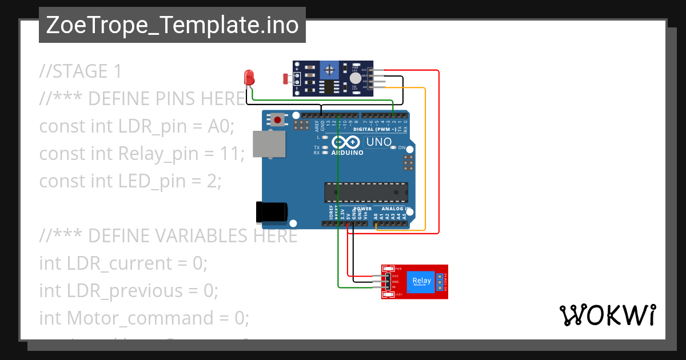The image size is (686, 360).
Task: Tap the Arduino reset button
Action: coord(278,120)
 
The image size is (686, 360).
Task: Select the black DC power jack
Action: coord(272,212)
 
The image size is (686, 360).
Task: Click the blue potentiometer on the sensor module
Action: coord(329,70)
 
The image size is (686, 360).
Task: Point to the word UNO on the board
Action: coord(378,142)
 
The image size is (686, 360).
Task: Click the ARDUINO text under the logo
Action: coord(347,153)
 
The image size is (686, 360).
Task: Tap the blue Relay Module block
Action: coord(421,281)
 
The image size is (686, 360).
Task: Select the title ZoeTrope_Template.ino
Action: coord(172,25)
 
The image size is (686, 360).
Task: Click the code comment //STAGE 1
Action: coord(81,71)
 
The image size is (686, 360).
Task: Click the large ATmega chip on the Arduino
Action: coord(366,193)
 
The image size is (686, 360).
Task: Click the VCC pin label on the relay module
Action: coord(395,276)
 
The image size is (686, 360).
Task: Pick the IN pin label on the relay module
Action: coord(394,287)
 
